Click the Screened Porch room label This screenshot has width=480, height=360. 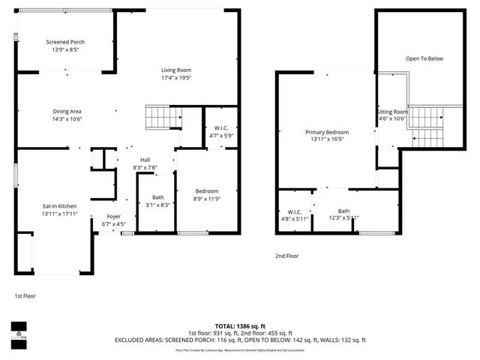(65, 42)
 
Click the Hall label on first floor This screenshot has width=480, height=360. (144, 160)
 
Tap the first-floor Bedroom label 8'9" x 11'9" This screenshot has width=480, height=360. (206, 190)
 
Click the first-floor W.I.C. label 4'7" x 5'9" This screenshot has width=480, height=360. (220, 128)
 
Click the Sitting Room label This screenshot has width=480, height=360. (391, 111)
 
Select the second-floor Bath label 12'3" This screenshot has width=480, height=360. (343, 211)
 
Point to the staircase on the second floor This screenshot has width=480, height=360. (426, 123)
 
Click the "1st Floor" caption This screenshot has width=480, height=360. (25, 296)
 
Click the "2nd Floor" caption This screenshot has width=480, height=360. (286, 256)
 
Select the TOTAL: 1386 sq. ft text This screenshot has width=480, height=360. (240, 325)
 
